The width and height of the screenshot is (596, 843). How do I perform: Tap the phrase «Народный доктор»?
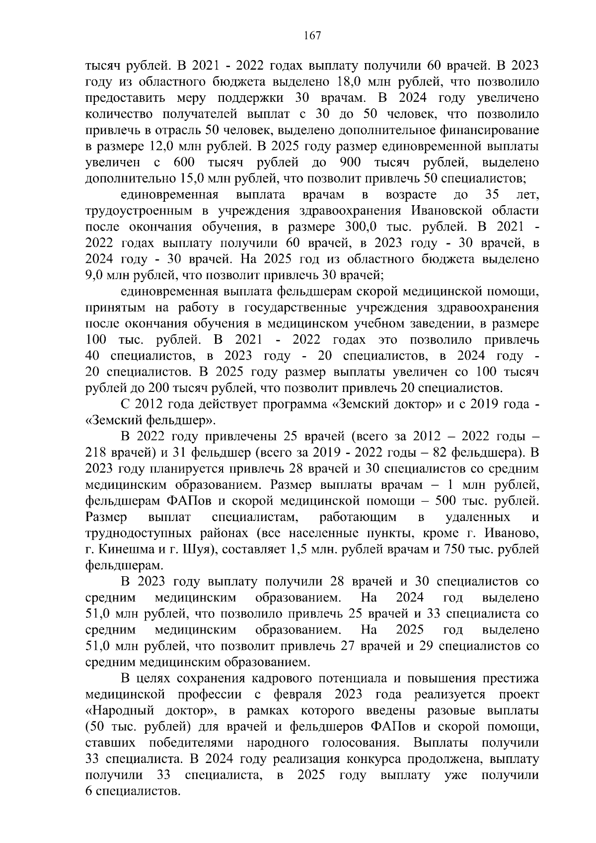[x=150, y=711]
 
